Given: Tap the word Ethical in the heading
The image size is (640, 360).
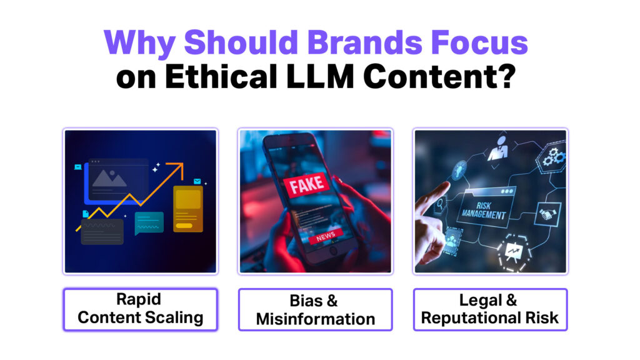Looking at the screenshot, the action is tap(221, 77).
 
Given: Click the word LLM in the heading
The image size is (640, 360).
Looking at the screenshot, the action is tap(320, 77).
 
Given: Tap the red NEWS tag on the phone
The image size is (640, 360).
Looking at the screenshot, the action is tap(325, 236).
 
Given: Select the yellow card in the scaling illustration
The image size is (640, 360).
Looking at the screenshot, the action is tap(187, 209).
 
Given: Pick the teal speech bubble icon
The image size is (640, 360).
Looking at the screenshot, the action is tap(149, 223).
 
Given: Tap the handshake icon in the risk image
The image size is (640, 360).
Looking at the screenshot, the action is tap(547, 214).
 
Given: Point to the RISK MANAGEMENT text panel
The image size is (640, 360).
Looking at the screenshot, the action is tap(484, 209).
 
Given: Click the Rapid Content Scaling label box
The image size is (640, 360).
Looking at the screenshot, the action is tap(141, 309).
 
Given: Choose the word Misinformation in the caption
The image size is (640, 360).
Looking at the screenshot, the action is tap(316, 319).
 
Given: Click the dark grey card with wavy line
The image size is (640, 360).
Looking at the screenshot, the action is tap(102, 231).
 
